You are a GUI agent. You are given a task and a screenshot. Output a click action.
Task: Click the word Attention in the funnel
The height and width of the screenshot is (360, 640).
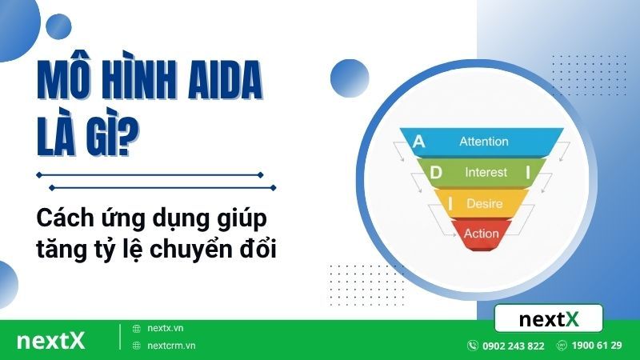[x=483, y=142]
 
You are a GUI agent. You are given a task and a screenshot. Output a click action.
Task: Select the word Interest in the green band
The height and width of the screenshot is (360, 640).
[x=486, y=172]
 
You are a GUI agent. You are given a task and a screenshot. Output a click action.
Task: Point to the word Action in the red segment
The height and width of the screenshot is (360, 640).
[x=481, y=234]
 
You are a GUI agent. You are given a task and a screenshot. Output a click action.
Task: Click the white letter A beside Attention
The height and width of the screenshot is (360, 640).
[x=418, y=142]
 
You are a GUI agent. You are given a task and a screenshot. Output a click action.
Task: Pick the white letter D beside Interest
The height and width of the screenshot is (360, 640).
[x=436, y=172]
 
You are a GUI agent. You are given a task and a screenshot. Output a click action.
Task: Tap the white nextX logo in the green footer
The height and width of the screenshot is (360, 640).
[x=50, y=339]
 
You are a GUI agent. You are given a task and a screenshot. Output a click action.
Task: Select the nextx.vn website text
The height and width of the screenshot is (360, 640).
[x=166, y=328]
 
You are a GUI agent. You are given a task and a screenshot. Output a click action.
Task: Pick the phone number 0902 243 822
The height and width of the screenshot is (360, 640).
[x=513, y=346]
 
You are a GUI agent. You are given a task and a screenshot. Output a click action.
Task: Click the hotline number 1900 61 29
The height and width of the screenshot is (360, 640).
[x=596, y=346]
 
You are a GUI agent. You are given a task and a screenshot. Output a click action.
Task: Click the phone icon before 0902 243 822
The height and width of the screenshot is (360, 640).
[x=473, y=346]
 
